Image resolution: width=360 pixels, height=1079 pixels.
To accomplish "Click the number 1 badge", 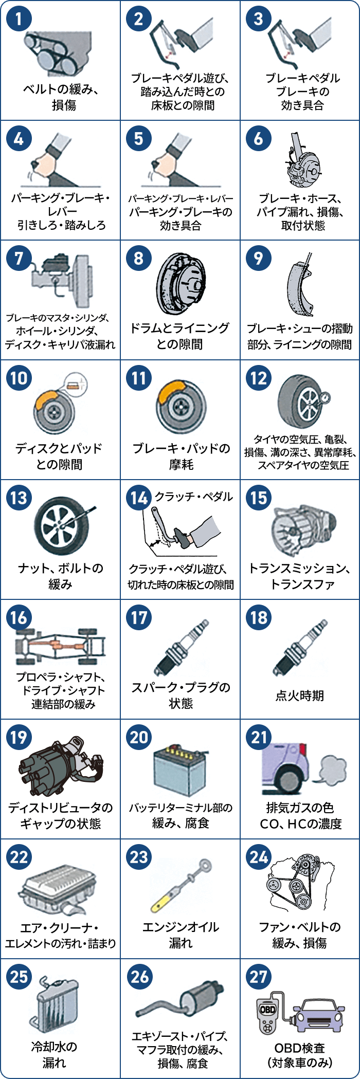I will pyautogui.click(x=19, y=19).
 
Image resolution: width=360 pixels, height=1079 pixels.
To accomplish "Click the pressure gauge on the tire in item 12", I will pyautogui.click(x=325, y=398).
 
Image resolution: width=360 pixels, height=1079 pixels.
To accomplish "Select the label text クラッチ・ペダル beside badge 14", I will pyautogui.click(x=194, y=497).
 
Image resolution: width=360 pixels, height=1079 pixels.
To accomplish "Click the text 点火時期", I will pyautogui.click(x=300, y=696).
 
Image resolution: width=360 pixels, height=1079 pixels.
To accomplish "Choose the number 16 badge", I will pyautogui.click(x=19, y=617).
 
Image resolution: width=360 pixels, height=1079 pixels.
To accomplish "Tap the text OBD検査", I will pyautogui.click(x=300, y=1048).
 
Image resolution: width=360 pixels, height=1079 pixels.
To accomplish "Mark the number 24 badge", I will pyautogui.click(x=259, y=857).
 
